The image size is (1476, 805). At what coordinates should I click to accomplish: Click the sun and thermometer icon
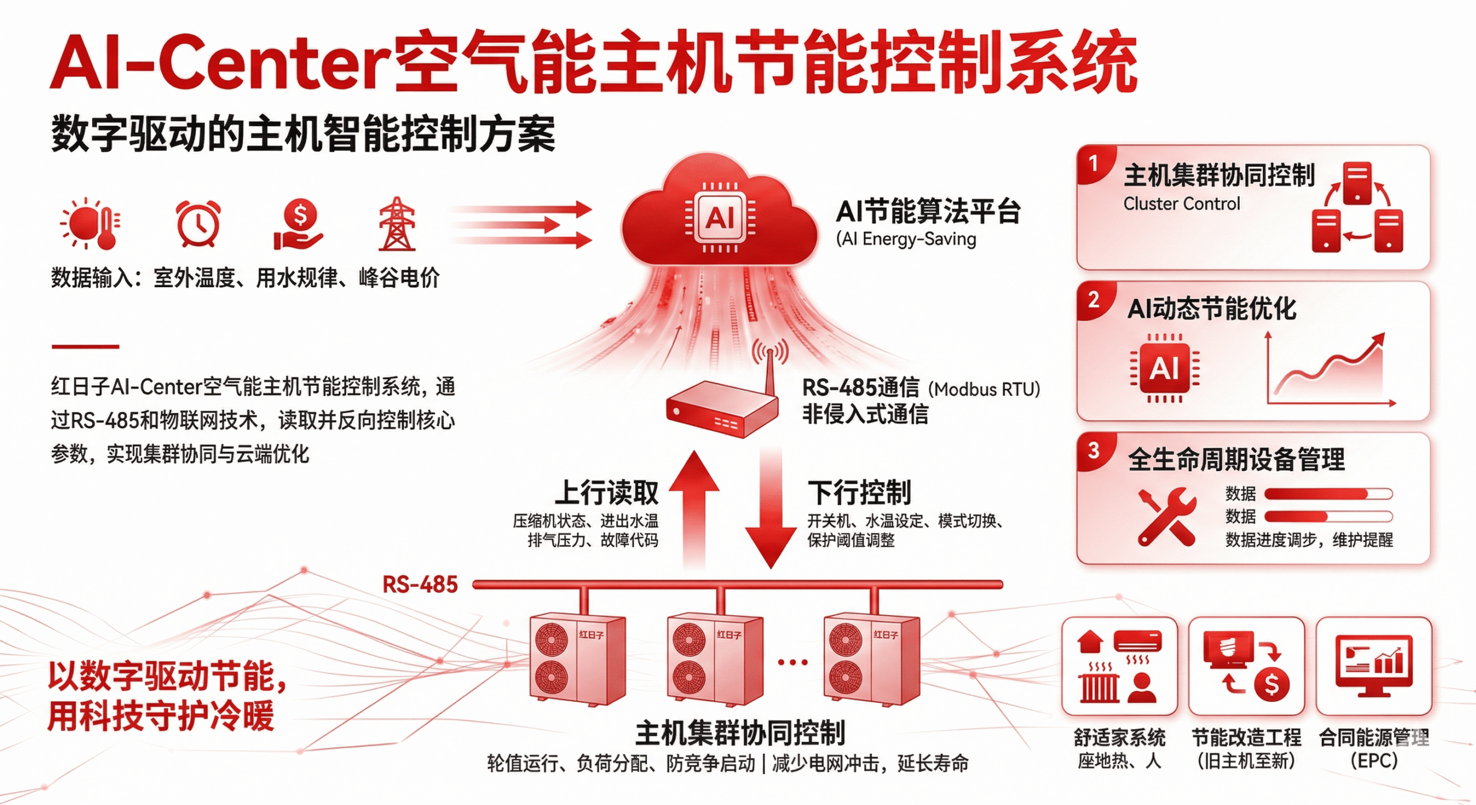point(91,224)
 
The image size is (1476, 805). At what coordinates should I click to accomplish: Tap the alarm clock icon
point(197,224)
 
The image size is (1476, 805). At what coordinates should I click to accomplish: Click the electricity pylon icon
point(397,224)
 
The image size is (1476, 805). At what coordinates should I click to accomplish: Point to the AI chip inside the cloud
point(720,218)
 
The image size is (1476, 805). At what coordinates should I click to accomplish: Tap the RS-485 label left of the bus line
point(420,585)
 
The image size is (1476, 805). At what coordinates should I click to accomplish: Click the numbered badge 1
point(1093,164)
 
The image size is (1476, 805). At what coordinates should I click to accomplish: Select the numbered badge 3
point(1093,450)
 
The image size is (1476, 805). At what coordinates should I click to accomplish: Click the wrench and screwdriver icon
point(1166,517)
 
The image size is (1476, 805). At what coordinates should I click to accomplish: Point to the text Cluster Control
point(1181,204)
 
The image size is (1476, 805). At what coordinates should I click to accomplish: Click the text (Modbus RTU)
point(984,389)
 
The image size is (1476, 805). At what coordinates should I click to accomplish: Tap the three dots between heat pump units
point(793,662)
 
